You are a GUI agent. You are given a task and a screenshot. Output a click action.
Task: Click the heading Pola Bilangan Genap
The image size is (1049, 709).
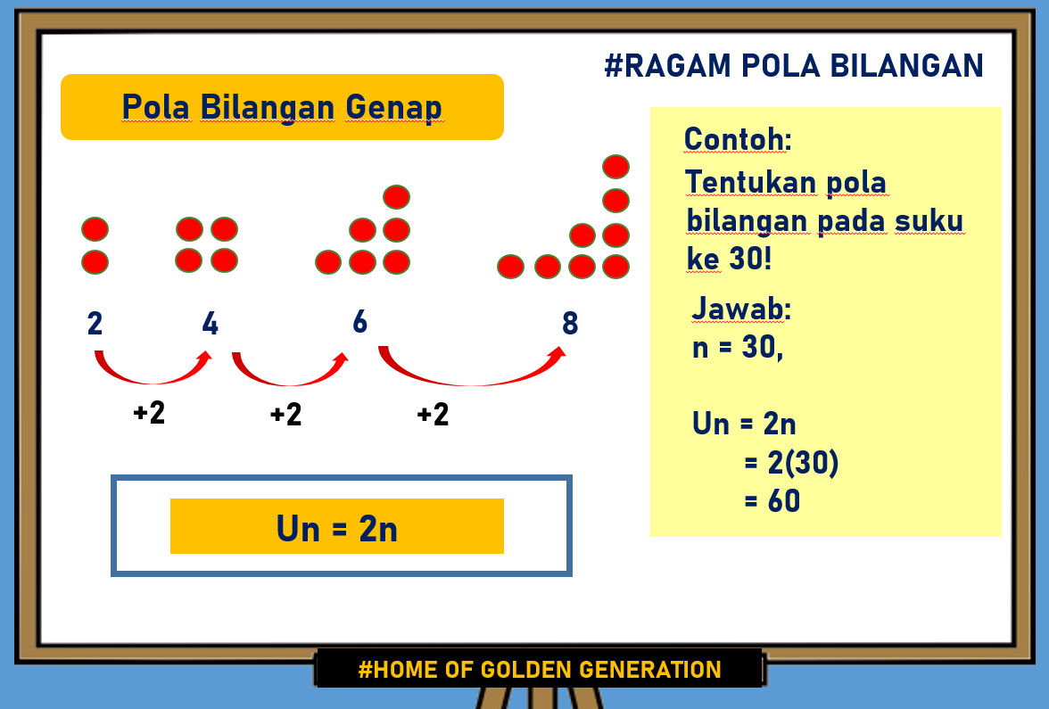tap(282, 107)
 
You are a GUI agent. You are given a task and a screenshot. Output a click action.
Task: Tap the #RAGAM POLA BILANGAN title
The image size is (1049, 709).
tap(794, 65)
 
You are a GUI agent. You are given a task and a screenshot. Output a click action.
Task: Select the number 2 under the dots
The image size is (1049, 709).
tap(95, 323)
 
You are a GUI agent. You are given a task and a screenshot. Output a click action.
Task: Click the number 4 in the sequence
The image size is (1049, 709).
tap(211, 323)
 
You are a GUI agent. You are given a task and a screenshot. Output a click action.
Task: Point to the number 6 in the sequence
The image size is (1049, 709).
tap(359, 321)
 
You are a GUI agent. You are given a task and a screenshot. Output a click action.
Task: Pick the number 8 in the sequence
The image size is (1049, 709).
tap(570, 323)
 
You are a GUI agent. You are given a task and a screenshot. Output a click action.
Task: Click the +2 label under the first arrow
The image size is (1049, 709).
tap(149, 413)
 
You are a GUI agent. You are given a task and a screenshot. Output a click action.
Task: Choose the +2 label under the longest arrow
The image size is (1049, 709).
tap(433, 415)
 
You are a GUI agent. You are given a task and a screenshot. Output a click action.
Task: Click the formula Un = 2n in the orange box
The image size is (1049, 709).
tap(337, 529)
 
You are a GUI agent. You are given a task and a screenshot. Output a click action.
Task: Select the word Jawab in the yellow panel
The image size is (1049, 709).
tap(741, 309)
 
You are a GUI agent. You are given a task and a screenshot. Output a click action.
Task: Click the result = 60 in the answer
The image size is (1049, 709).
tap(772, 501)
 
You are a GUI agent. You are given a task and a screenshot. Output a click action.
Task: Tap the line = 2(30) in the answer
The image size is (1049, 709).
tap(791, 463)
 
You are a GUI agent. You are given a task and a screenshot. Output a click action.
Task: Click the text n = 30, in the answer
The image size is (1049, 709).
tap(738, 348)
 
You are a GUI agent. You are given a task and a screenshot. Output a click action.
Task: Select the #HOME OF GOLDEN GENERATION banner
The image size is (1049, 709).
tap(540, 669)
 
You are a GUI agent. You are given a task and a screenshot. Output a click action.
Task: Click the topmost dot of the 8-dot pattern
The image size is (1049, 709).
tap(615, 167)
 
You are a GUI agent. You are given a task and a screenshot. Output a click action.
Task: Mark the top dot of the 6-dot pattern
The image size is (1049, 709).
tap(396, 196)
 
